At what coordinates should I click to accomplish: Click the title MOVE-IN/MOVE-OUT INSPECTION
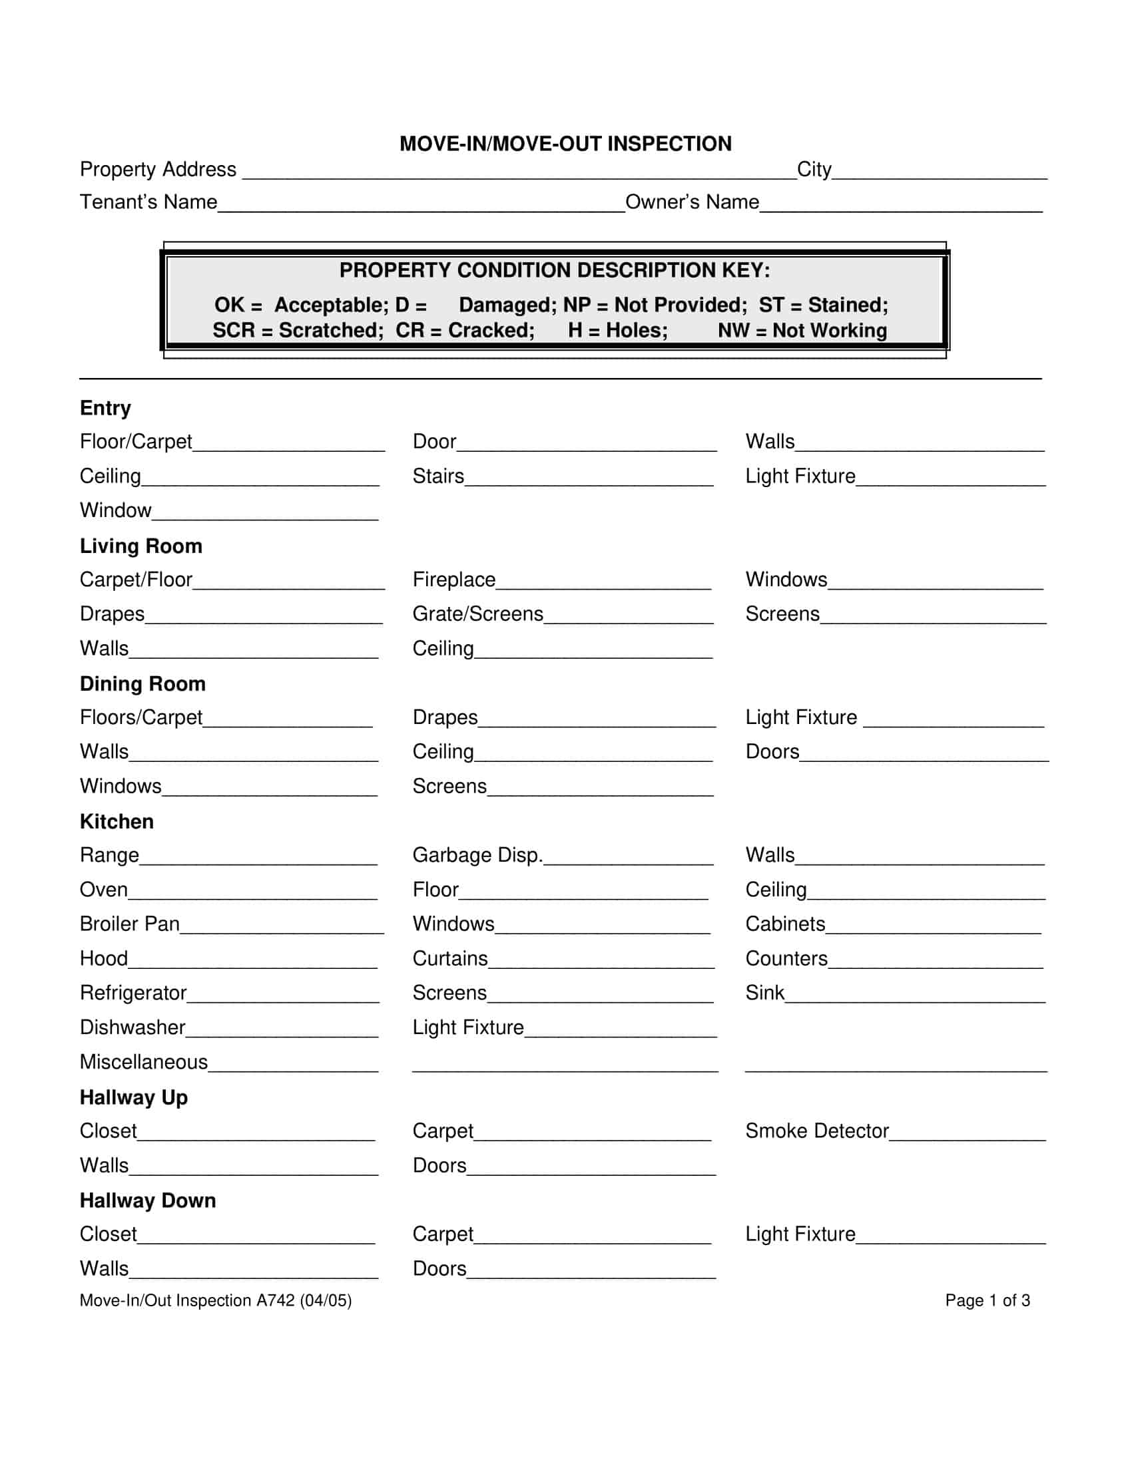tap(565, 144)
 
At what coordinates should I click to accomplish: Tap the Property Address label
tap(158, 170)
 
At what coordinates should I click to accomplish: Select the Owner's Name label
tap(691, 202)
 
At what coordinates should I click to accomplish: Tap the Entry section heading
tap(105, 408)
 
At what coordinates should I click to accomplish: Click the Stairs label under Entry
tap(438, 476)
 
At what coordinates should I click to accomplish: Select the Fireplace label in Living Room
tap(454, 579)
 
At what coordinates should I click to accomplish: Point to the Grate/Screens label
tap(477, 614)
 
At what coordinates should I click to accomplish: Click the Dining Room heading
tap(142, 683)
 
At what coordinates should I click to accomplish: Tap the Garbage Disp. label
tap(477, 854)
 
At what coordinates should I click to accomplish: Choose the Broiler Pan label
tap(129, 924)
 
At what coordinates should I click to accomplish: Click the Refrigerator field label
tap(133, 993)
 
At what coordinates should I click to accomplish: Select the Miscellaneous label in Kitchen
tap(144, 1062)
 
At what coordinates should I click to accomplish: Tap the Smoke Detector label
tap(817, 1131)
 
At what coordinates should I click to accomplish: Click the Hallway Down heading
tap(148, 1200)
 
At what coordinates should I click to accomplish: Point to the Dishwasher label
tap(132, 1027)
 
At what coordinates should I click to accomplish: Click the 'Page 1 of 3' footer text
tap(987, 1300)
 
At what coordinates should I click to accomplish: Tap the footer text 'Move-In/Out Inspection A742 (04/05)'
tap(215, 1300)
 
